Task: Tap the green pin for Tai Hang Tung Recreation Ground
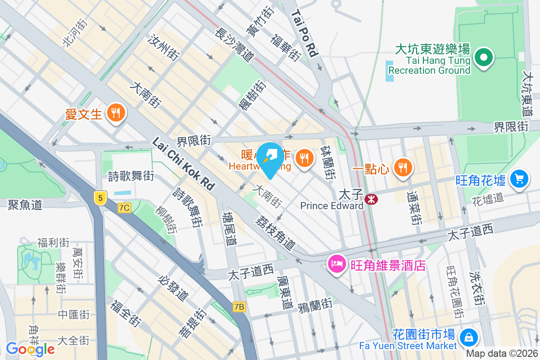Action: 484,58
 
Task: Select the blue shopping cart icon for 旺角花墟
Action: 520,180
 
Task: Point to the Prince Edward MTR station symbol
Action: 372,198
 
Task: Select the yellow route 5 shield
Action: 100,197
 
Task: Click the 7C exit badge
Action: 124,208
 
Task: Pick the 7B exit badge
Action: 239,307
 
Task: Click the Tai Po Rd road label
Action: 305,33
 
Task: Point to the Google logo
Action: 30,349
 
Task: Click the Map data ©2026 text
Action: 501,354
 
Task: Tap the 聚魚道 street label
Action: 25,205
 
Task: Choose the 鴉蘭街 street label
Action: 315,305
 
